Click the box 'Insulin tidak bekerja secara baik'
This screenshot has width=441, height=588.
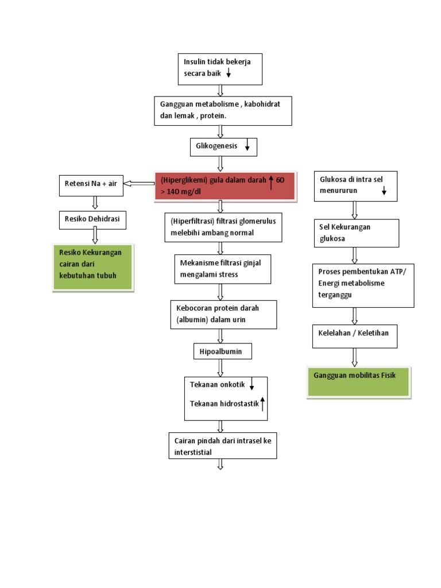pos(220,68)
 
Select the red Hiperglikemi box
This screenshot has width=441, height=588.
pos(226,186)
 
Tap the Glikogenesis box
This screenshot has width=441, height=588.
pos(223,147)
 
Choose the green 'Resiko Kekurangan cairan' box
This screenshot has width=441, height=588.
pos(92,266)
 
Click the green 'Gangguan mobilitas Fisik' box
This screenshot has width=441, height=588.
pos(359,381)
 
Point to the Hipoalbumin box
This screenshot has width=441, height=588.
pos(222,351)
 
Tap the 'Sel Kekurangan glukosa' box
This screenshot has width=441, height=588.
pos(356,233)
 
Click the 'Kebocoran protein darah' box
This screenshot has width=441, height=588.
pos(223,314)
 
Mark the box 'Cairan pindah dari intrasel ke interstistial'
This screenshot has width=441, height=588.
pos(222,446)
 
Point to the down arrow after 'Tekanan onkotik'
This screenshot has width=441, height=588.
pos(252,385)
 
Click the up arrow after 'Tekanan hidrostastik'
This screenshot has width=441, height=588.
pos(262,404)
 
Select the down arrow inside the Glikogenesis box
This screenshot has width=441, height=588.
pos(247,147)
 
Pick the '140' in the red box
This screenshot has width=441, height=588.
pos(175,191)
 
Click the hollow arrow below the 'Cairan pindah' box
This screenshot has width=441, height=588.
pos(220,464)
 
